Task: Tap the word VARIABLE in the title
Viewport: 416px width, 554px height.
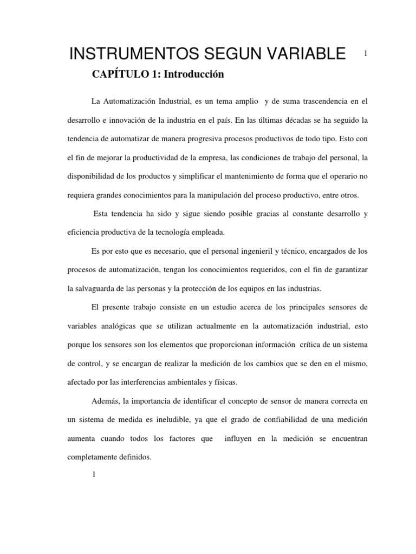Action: pos(302,55)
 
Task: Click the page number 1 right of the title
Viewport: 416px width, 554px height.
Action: pos(366,54)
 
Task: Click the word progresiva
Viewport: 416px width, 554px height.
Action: pos(206,138)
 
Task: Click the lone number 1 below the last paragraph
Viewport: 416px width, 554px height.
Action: pos(94,475)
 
